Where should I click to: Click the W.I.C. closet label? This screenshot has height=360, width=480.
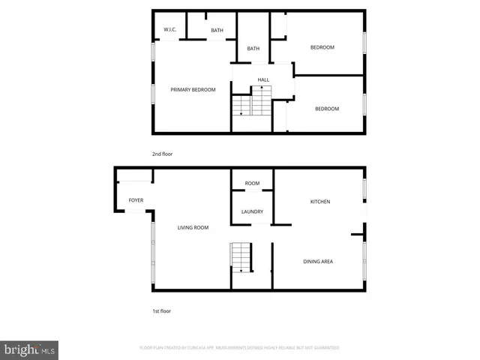tap(169, 30)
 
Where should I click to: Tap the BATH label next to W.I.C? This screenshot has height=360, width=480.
tap(217, 30)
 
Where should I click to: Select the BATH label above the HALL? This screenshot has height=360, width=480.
tap(253, 49)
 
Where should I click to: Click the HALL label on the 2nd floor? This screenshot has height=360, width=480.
tap(263, 79)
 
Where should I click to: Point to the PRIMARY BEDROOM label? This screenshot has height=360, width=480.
tap(193, 90)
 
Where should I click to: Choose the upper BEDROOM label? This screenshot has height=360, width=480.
tap(322, 47)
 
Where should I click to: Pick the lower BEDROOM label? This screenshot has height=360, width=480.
tap(326, 109)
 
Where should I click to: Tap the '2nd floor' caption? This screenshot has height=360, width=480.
tap(163, 154)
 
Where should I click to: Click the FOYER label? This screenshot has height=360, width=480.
tap(136, 200)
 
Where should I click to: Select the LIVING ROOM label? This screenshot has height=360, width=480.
tap(193, 227)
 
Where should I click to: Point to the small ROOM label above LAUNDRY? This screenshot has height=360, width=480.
tap(252, 183)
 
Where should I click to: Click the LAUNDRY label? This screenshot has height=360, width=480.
tap(252, 211)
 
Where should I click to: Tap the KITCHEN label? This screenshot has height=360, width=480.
tap(320, 202)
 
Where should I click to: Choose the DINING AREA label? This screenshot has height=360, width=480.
tap(318, 262)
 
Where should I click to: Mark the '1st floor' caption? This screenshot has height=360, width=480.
tap(162, 310)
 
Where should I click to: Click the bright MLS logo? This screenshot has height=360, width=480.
tap(30, 349)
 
